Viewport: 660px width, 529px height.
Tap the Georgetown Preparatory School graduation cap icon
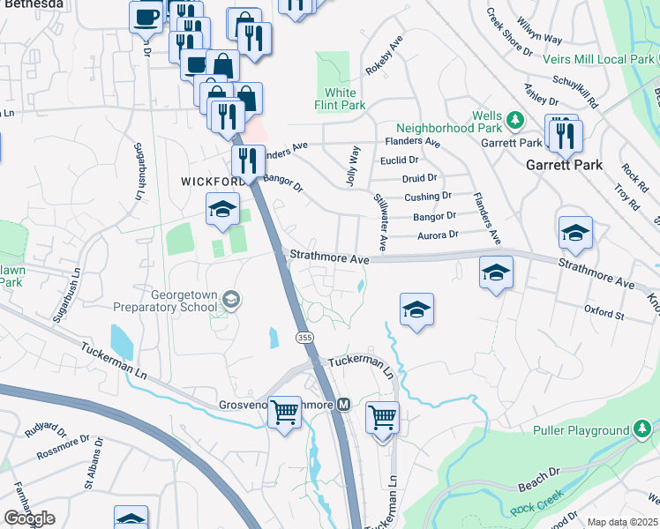[231, 300]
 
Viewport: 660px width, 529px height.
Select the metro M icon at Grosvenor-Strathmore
[344, 405]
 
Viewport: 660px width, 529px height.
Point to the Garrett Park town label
[564, 165]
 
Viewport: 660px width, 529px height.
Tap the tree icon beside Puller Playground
[644, 430]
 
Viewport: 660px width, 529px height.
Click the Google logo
[28, 518]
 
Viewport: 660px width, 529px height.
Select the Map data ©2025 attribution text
[622, 522]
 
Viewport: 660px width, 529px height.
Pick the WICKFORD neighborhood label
[212, 181]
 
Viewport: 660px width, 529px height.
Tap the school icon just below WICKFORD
[222, 209]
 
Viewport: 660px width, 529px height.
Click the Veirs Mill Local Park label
[606, 59]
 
